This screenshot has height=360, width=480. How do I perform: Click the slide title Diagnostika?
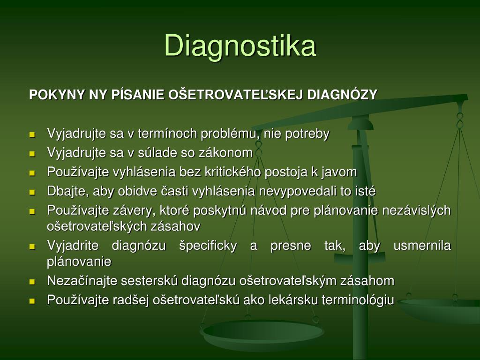pyautogui.click(x=240, y=45)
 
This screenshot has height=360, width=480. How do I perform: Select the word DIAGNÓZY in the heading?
pyautogui.click(x=342, y=95)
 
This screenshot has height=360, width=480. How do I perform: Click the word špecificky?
pyautogui.click(x=208, y=246)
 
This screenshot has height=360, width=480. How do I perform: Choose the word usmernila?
pyautogui.click(x=422, y=246)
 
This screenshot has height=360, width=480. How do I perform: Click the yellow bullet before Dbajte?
pyautogui.click(x=32, y=193)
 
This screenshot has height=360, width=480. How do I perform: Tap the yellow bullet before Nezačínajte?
pyautogui.click(x=32, y=282)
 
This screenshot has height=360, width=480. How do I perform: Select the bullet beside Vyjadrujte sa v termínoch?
pyautogui.click(x=32, y=135)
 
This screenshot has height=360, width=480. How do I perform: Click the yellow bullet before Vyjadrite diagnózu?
pyautogui.click(x=32, y=247)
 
